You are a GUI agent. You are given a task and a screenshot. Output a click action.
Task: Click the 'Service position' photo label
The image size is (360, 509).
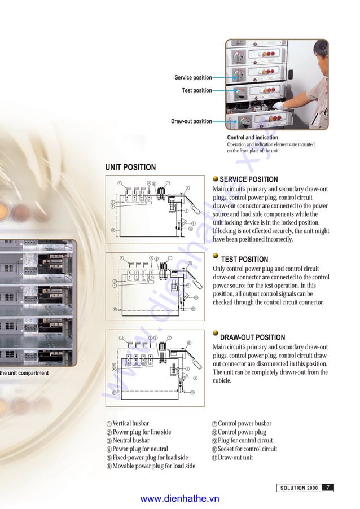point(193,77)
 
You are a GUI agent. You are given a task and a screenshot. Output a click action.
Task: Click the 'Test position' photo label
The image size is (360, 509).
point(196,90)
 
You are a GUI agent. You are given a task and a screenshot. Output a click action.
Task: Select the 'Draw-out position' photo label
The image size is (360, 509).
point(191,121)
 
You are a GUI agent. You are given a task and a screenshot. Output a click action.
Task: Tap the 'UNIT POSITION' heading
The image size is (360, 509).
point(130,167)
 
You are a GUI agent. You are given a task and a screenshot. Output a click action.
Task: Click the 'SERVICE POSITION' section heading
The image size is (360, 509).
point(248,179)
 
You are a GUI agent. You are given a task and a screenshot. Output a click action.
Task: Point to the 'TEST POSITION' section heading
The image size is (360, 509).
point(244,260)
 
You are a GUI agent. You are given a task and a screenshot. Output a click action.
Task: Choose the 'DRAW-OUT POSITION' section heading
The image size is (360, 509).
point(252,337)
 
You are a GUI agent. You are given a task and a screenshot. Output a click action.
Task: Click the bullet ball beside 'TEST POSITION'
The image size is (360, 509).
point(216,256)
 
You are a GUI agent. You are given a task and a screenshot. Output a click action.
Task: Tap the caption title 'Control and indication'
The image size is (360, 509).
point(252,138)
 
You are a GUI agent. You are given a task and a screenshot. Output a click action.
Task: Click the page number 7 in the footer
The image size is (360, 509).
point(328,488)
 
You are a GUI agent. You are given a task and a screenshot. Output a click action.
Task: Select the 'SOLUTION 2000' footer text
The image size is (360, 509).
point(299,488)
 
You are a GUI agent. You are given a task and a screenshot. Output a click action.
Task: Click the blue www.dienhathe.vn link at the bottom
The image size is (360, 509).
point(179,499)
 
